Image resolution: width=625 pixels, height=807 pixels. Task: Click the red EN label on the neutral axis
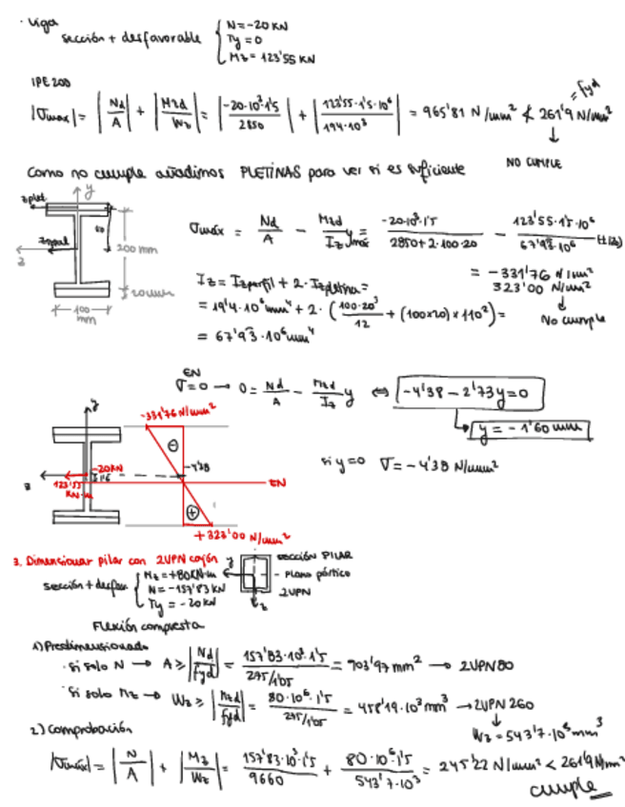pyautogui.click(x=279, y=483)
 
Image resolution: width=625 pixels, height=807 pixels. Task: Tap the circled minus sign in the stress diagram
pyautogui.click(x=172, y=444)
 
